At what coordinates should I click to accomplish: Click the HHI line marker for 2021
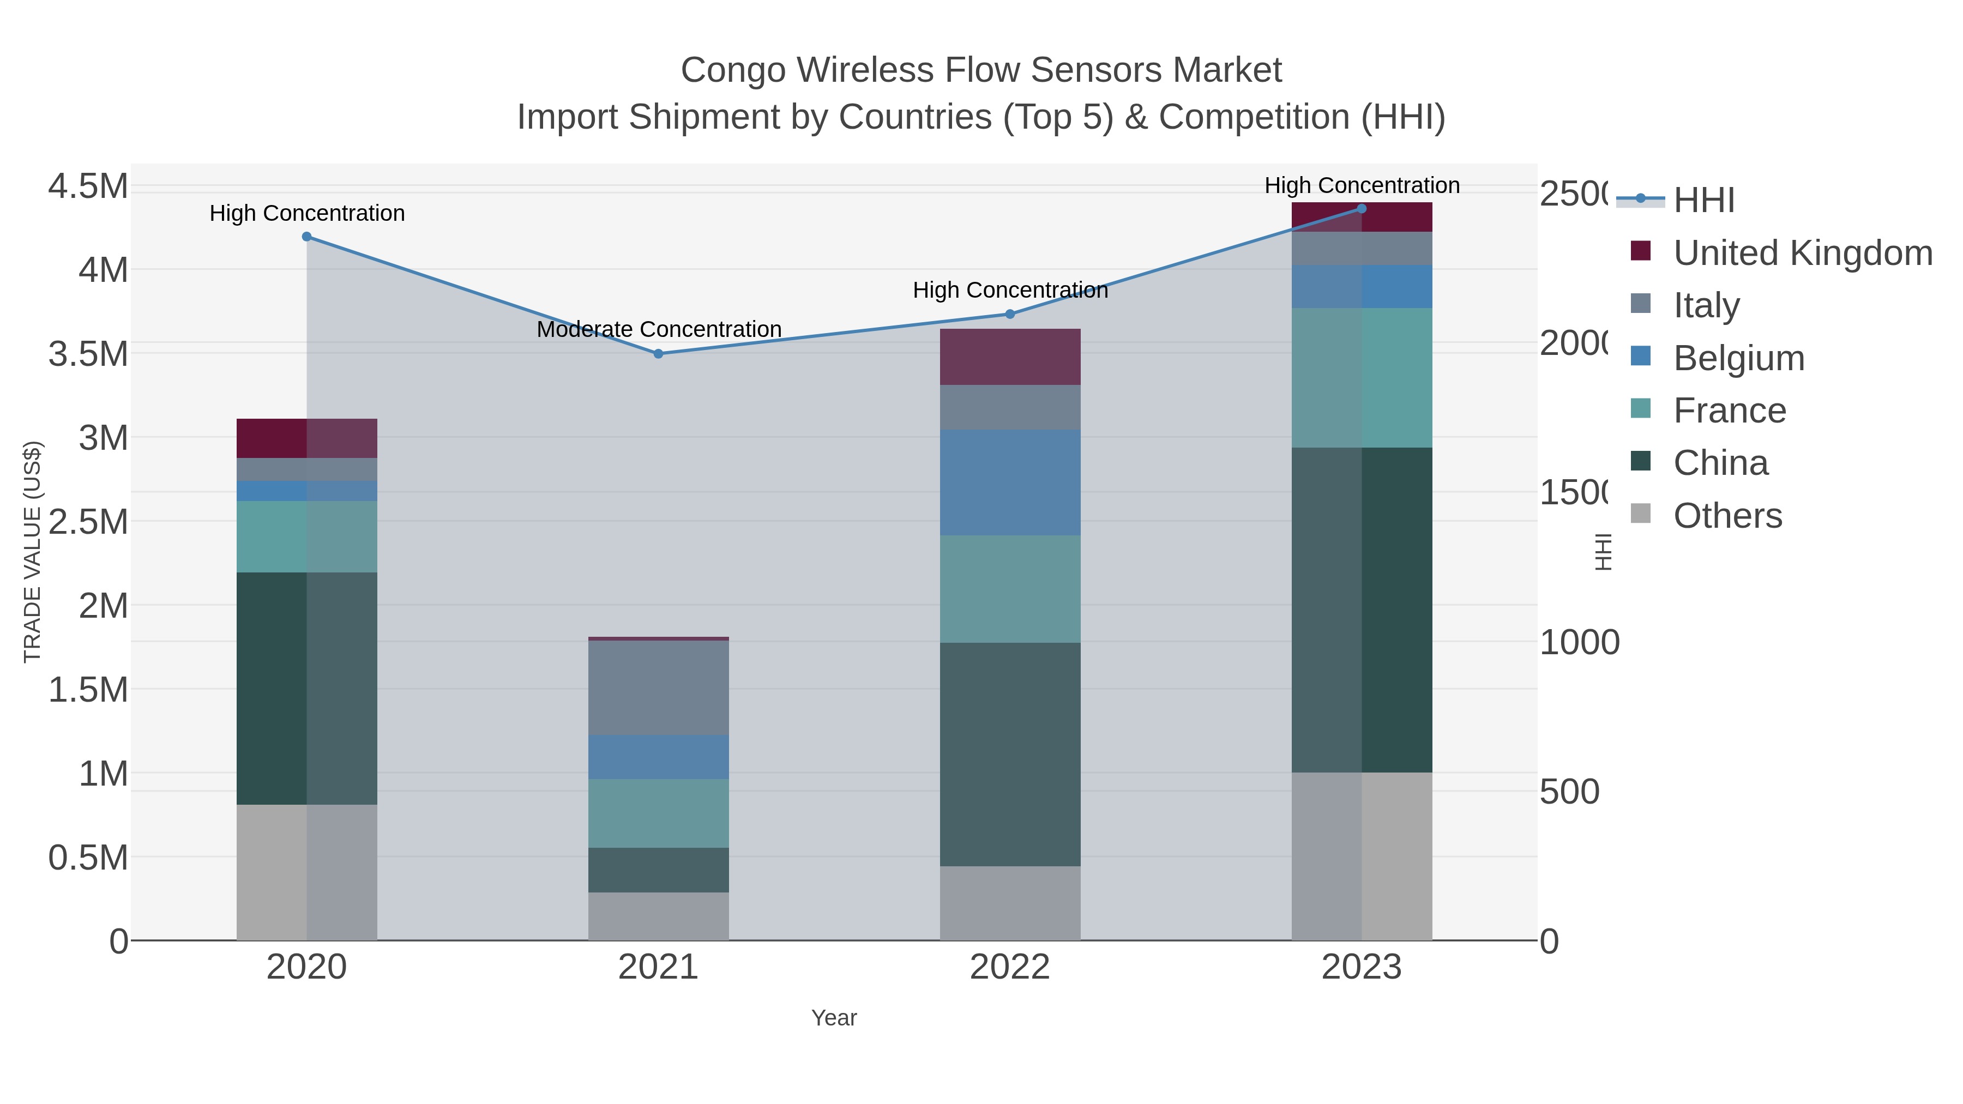click(658, 353)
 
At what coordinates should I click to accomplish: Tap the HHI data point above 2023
click(1362, 209)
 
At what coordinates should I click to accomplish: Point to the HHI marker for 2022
click(1010, 314)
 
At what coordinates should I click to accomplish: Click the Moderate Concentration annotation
click(659, 329)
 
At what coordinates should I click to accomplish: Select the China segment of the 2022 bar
click(1010, 755)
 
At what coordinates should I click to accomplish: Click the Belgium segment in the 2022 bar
click(1010, 482)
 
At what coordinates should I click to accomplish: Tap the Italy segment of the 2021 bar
click(658, 687)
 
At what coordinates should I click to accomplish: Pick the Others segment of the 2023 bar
click(1362, 856)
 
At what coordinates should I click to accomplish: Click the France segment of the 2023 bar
click(1362, 378)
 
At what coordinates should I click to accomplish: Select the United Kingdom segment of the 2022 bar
click(1010, 357)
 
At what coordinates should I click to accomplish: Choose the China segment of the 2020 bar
click(306, 688)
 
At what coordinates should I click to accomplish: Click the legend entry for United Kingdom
click(1802, 252)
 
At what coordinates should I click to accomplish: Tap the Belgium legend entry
click(1738, 357)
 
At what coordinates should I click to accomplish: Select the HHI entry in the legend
click(1704, 200)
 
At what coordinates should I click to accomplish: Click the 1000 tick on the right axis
click(1579, 642)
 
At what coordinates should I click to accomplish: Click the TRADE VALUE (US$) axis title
click(33, 552)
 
